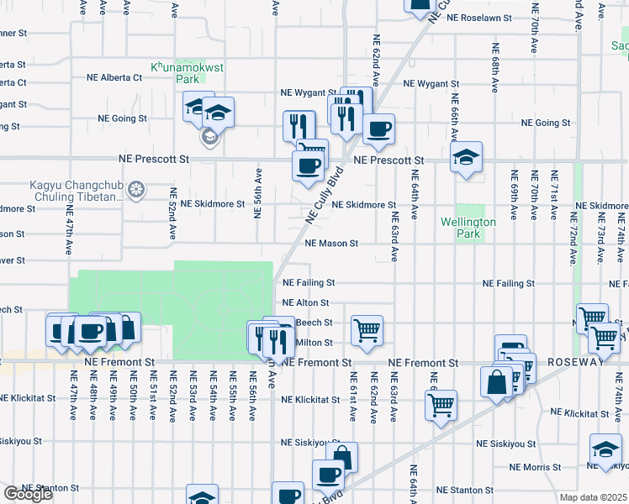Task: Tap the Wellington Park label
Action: coord(468,228)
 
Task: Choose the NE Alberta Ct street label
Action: coord(114,76)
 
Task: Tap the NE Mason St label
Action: coord(331,244)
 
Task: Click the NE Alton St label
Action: coord(306,302)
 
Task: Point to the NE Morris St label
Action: coord(535,467)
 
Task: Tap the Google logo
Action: coord(28,494)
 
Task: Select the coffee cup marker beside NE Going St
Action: coord(378,129)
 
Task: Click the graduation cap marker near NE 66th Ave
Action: coord(466,156)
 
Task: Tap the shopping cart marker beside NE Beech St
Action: coord(367,329)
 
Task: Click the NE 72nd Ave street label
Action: coord(573,239)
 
